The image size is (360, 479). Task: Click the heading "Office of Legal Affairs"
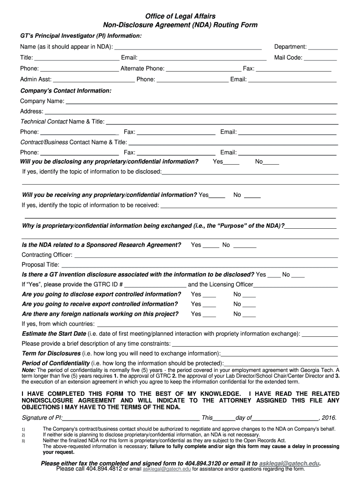180,17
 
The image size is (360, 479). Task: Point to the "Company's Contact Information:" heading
66,90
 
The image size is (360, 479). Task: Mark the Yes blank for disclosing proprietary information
231,163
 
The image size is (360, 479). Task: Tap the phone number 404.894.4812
103,469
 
